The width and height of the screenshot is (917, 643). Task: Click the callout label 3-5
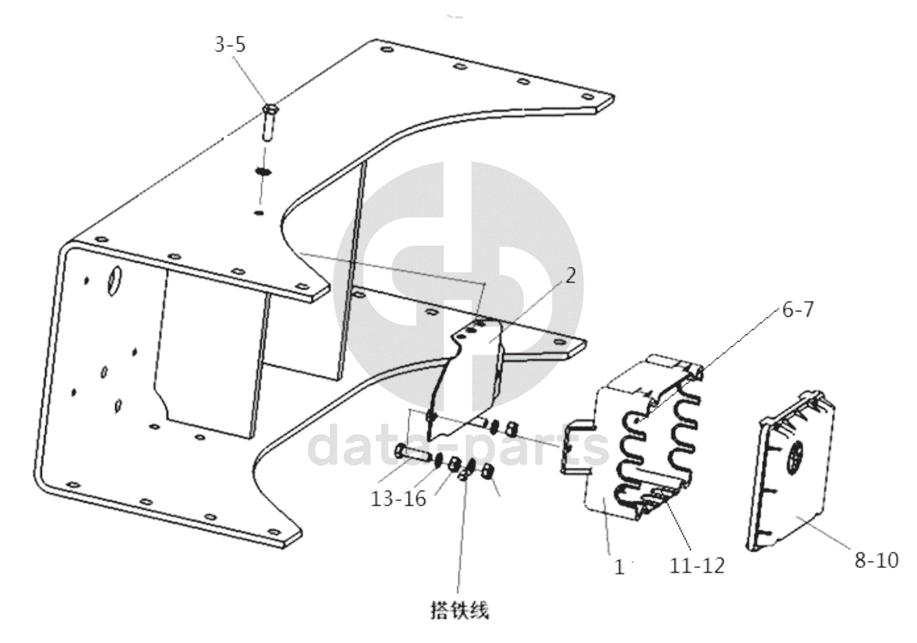230,44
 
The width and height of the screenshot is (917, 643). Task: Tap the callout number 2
571,275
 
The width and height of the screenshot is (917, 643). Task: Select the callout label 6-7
798,310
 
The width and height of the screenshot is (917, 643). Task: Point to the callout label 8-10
876,560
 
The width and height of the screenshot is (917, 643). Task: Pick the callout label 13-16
398,499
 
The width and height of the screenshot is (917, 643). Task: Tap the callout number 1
620,567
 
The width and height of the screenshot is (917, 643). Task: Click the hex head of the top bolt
270,109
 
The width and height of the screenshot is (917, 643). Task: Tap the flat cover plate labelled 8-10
792,471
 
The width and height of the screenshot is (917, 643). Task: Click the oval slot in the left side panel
114,280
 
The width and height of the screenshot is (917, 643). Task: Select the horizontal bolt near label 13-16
411,454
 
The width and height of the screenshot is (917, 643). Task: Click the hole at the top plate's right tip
587,97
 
